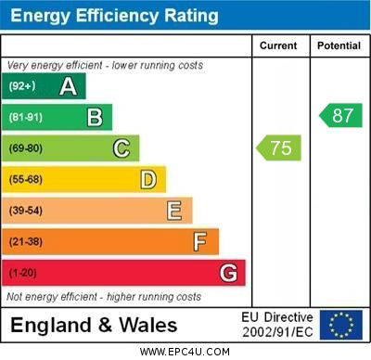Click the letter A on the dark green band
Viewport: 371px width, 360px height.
[68, 86]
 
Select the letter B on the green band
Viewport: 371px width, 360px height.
[95, 117]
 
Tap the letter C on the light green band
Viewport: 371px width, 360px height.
[122, 148]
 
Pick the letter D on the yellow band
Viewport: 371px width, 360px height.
[148, 179]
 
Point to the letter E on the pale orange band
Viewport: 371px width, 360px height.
[174, 211]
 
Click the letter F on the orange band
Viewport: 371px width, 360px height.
[200, 242]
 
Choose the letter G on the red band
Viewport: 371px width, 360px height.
[228, 274]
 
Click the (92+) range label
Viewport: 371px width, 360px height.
[22, 86]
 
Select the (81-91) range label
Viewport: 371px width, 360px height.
[26, 118]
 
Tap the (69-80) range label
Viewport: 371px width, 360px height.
[26, 148]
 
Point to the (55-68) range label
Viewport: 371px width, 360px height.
[26, 180]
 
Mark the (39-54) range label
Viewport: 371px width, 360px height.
[26, 211]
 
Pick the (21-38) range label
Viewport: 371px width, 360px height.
[26, 242]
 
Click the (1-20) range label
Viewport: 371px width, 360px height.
[23, 274]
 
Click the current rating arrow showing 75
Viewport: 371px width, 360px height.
[279, 148]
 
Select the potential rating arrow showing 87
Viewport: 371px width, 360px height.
[340, 116]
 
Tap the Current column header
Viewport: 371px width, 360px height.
[278, 45]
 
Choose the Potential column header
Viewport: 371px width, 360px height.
[339, 45]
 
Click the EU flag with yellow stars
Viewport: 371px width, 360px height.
[340, 325]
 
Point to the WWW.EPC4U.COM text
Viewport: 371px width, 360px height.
[185, 352]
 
